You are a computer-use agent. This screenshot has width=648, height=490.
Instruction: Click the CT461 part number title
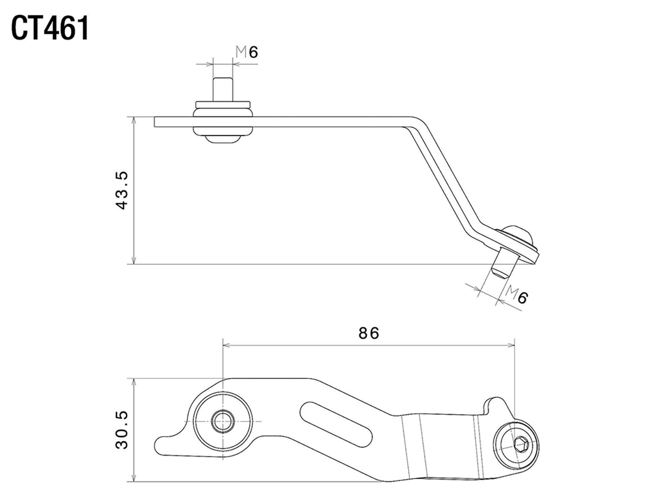[50, 28]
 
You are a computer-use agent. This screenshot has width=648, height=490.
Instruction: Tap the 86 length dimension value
[368, 333]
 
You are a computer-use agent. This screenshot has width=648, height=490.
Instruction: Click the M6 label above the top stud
[247, 52]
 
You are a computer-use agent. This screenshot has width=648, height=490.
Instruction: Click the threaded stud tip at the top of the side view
[223, 89]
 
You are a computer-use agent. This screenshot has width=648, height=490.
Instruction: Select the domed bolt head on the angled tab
[519, 235]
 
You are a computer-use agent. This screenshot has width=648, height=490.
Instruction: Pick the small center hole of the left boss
[222, 421]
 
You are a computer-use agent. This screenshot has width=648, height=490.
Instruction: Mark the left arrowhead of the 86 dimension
[225, 345]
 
